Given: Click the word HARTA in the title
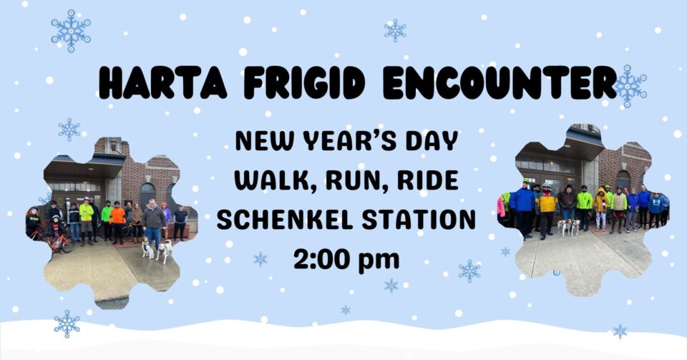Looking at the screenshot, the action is pos(162,83).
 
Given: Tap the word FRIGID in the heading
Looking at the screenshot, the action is pos(305,83).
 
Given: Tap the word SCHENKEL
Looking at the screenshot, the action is pos(286,220).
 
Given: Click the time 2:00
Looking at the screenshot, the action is pos(321,259).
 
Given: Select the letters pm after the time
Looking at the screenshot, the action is pos(379,261).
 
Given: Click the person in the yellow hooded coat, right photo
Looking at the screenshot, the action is pos(600,208).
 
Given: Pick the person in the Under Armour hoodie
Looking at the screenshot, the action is pos(655,210).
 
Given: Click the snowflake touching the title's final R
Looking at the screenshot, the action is pos(630,87).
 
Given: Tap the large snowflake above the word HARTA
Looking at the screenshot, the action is pos(71,31).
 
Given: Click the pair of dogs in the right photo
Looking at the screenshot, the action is pos(569,227).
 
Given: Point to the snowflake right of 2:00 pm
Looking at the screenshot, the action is pos(469,271).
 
